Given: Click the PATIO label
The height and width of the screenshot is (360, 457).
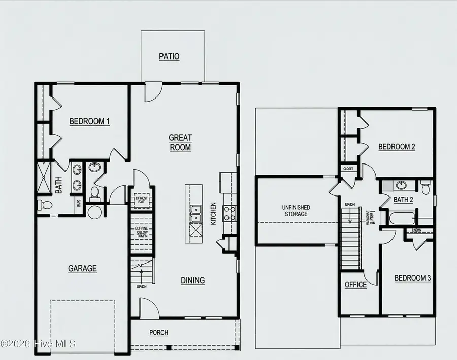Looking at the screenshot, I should (x=169, y=57).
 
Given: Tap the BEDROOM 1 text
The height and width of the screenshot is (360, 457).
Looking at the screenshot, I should (x=89, y=121).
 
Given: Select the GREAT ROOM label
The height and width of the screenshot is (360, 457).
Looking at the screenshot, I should (x=180, y=143).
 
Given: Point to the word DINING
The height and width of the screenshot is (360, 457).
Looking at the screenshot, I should (x=193, y=280).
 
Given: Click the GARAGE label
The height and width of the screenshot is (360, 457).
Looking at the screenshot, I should (x=82, y=268).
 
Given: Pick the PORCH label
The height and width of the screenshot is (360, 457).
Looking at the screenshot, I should (x=158, y=333).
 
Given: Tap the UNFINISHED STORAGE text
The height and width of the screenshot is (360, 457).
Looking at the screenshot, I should (x=296, y=211).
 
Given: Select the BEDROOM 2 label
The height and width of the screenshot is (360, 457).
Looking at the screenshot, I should (x=397, y=147).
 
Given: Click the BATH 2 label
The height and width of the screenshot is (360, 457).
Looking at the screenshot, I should (x=403, y=200).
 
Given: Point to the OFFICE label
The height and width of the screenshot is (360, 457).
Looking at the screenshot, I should (x=355, y=285).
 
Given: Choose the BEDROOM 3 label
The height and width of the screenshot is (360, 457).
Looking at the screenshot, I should (x=412, y=278).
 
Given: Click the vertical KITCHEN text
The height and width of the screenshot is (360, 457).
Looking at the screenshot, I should (x=214, y=214).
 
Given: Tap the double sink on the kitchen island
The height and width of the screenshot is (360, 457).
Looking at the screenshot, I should (x=195, y=214).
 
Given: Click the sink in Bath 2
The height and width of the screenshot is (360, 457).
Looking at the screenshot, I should (x=401, y=185).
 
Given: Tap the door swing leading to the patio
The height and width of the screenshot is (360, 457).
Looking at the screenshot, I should (x=152, y=92).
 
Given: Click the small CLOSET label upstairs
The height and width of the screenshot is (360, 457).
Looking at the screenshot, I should (x=348, y=168).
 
